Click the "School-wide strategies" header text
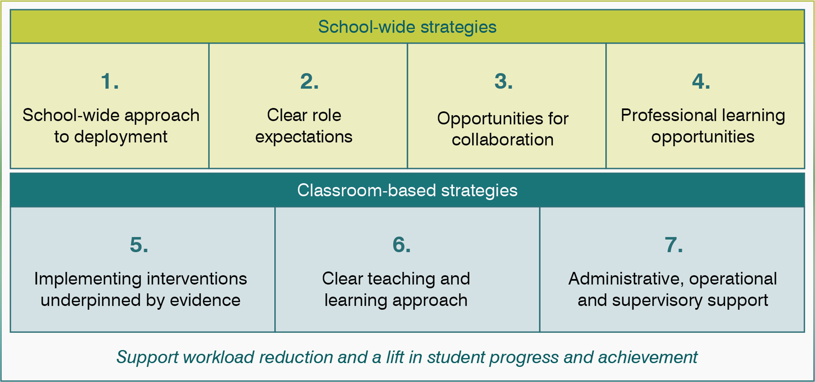(x=407, y=27)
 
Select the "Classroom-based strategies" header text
(x=407, y=191)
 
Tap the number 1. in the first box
(x=110, y=82)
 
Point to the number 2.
(x=309, y=82)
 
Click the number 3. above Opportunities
(x=503, y=82)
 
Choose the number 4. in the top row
(x=701, y=82)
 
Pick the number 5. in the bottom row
(x=139, y=245)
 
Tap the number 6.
(x=401, y=245)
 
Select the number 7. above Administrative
(x=673, y=245)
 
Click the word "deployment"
(x=121, y=137)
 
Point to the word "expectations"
(x=303, y=137)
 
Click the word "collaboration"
(x=503, y=140)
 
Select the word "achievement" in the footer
(x=647, y=358)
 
